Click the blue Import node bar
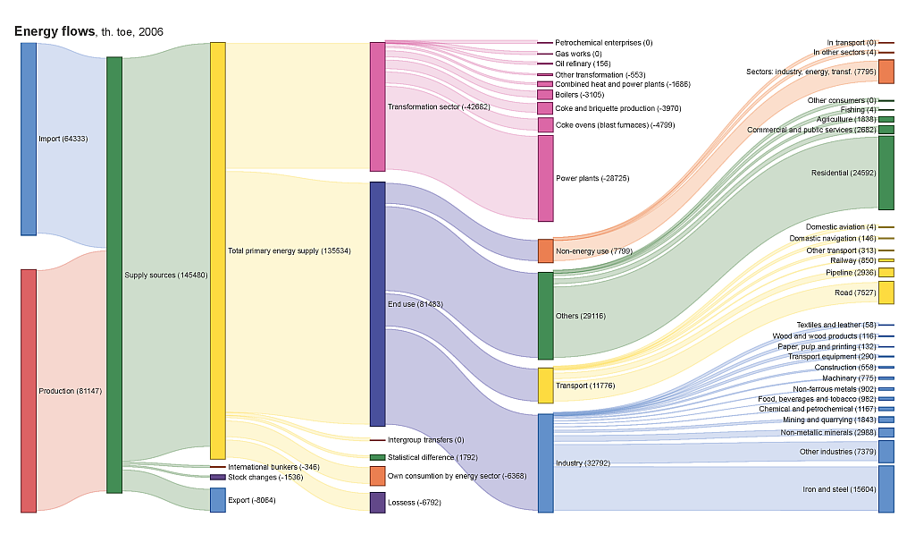(x=29, y=139)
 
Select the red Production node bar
(x=29, y=390)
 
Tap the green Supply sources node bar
(x=114, y=275)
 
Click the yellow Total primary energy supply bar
(x=217, y=250)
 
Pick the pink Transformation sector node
(x=377, y=106)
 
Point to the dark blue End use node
(x=377, y=304)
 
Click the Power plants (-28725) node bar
(x=545, y=178)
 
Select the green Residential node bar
(x=886, y=173)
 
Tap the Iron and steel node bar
(x=886, y=489)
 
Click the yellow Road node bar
(x=886, y=293)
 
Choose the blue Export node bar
(x=217, y=500)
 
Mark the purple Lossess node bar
(x=377, y=503)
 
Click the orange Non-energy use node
(x=545, y=250)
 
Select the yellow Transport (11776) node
(x=545, y=386)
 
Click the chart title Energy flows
(x=55, y=31)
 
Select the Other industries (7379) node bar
(x=886, y=452)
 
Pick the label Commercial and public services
(x=810, y=130)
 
